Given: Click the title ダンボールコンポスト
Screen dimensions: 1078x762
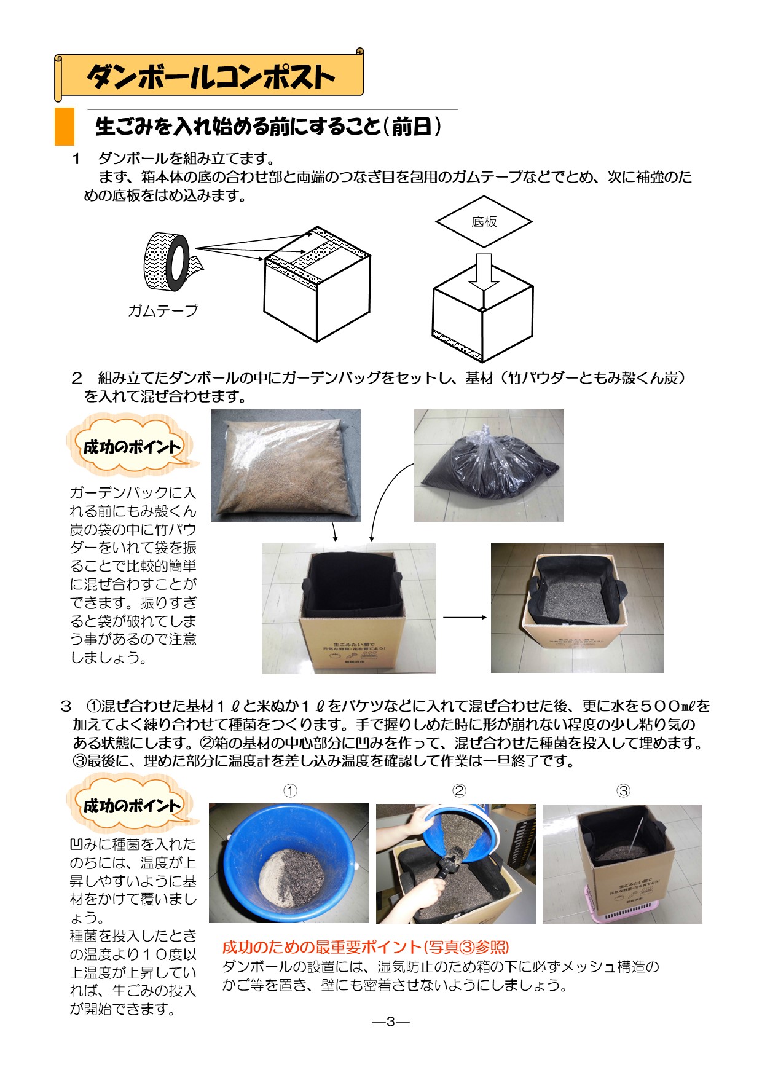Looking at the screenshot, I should pos(210,77).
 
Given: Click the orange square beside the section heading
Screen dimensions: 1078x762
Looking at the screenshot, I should pos(65,127).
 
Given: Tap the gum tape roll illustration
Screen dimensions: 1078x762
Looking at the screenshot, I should pos(167,262).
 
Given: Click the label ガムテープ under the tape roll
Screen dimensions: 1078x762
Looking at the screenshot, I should pos(163,311).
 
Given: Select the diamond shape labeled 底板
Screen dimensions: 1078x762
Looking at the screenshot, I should pos(484,222).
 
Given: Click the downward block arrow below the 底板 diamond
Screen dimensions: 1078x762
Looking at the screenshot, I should pos(484,271).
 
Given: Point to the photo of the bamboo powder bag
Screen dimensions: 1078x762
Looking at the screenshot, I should pos(285,465).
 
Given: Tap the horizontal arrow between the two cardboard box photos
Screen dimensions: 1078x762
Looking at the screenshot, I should pos(464,617).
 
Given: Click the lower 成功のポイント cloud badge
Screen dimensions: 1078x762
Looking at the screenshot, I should pos(132,806).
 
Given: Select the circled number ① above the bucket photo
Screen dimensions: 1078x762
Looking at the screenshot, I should pos(290,791).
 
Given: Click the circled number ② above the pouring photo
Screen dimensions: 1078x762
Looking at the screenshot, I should pos(459,791).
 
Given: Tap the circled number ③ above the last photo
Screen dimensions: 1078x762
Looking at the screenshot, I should pos(623,791).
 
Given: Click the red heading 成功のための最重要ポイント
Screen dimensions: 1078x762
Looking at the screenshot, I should pos(365,947).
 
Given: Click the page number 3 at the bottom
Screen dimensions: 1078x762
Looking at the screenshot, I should pos(390,1022).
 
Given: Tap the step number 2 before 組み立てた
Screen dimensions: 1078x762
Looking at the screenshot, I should pos(77,378).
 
